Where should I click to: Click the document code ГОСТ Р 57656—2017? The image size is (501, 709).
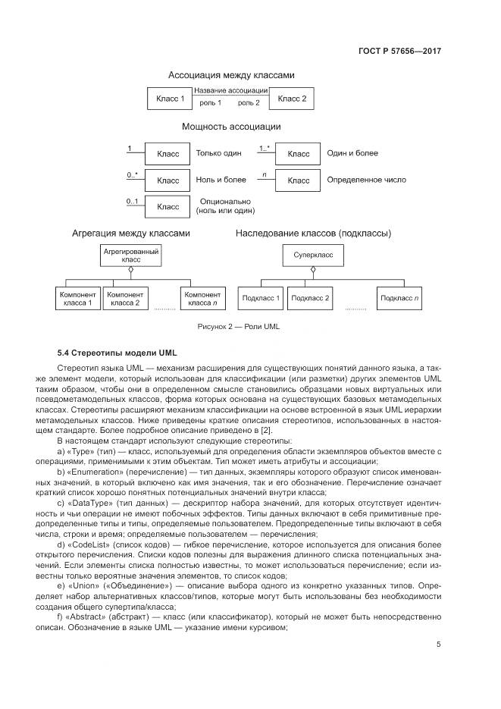coord(401,51)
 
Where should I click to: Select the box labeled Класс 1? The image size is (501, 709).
coord(170,99)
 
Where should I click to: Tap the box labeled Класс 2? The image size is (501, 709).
coord(292,99)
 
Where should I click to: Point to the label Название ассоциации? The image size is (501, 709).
coord(231,91)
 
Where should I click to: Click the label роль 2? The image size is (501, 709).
coord(249,102)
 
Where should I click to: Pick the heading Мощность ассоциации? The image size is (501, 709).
coord(231,127)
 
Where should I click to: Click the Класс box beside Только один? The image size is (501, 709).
coord(168,153)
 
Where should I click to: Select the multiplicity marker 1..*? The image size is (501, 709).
coord(265,149)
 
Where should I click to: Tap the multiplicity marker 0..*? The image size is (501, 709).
coord(133,176)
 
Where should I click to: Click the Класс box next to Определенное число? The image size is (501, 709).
coord(299,180)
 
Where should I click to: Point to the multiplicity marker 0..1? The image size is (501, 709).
coord(133,202)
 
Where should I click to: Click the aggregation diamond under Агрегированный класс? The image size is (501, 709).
coord(130,268)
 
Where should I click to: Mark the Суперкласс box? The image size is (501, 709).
coord(313,255)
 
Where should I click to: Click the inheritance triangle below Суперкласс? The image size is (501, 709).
coord(313,270)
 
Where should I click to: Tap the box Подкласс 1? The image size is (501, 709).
coord(260,298)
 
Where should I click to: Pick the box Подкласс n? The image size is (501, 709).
coord(400,298)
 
